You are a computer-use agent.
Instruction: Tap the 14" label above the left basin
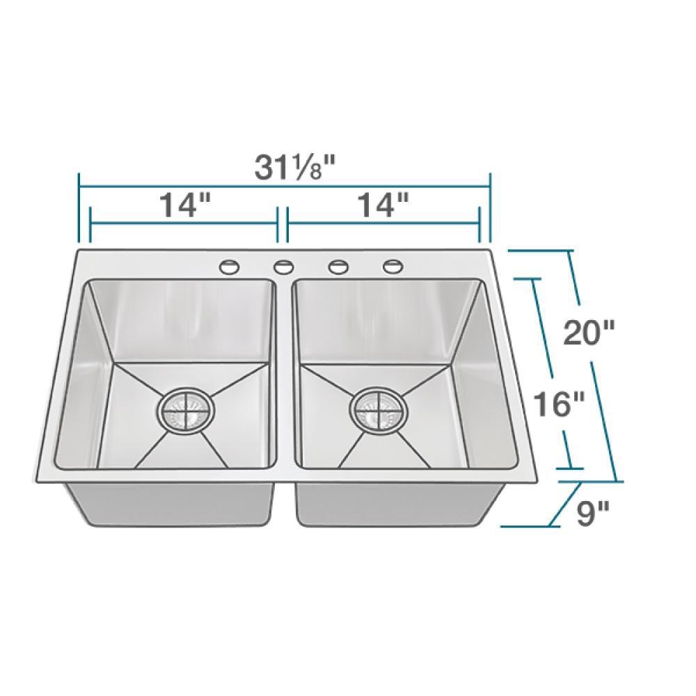coord(184,205)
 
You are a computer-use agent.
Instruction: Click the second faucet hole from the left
coord(283,265)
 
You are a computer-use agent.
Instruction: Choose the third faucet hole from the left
coord(338,265)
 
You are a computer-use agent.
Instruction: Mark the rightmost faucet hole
coord(393,265)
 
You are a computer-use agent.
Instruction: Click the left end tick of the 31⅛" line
coord(79,209)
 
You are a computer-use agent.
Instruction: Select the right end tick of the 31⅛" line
coord(490,209)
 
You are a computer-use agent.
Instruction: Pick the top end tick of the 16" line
coord(535,279)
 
